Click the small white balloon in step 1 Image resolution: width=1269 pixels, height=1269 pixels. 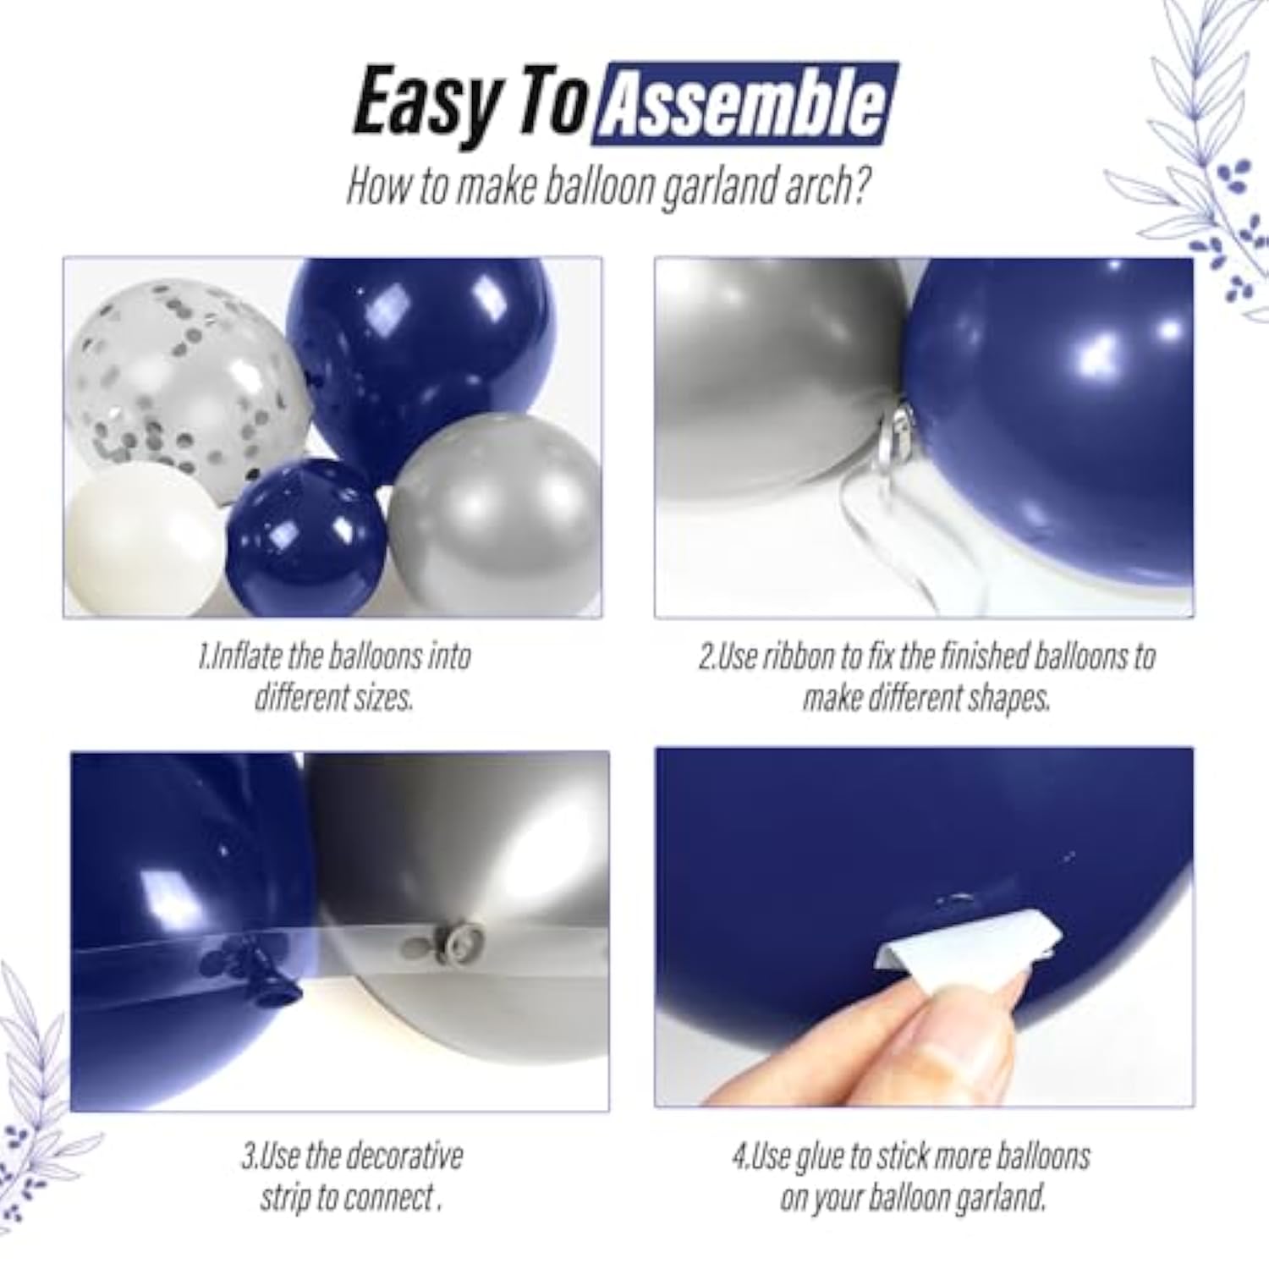tap(144, 541)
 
